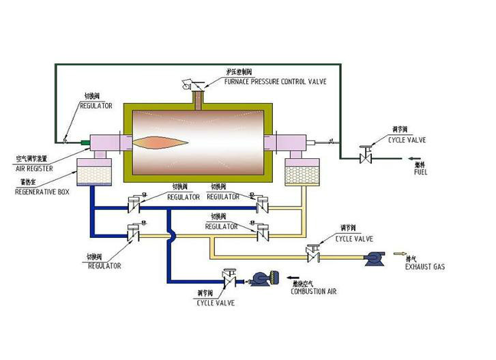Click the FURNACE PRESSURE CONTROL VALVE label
pos(275,81)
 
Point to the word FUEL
pos(422,172)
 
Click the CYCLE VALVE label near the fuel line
pos(407,140)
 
